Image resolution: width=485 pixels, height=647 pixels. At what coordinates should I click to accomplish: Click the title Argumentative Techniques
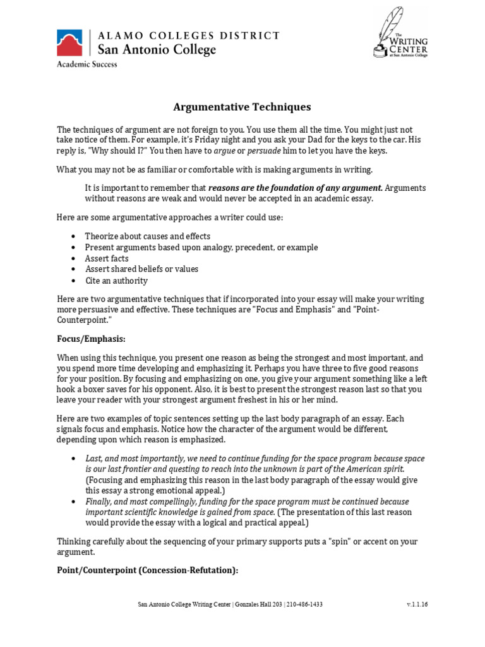coord(242,107)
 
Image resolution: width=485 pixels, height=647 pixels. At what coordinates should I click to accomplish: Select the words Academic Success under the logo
coord(87,64)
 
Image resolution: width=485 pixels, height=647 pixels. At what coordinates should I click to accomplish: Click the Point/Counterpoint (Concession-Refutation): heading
coord(147,570)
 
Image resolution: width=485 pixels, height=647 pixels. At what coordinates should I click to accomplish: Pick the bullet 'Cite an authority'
coord(116,281)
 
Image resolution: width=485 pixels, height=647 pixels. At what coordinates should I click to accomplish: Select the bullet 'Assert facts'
coord(107,258)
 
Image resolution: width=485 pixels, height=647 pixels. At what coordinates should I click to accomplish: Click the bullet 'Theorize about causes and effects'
coord(148,236)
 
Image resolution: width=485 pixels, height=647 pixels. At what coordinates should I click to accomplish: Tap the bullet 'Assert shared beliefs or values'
coord(141,269)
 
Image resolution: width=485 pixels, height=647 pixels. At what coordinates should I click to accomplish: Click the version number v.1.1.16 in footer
coord(417,605)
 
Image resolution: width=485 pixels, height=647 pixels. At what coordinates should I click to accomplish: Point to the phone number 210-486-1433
coord(305,605)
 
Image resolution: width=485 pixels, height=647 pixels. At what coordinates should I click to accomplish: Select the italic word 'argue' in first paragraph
coord(223,151)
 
